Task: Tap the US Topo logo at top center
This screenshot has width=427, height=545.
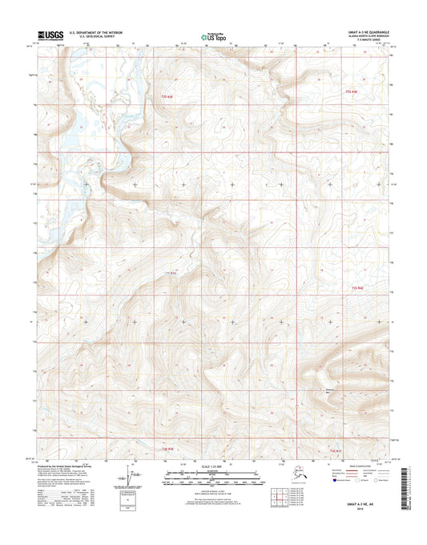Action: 212,35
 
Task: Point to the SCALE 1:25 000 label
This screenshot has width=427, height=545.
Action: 212,467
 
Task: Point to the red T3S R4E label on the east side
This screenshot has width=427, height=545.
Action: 357,287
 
